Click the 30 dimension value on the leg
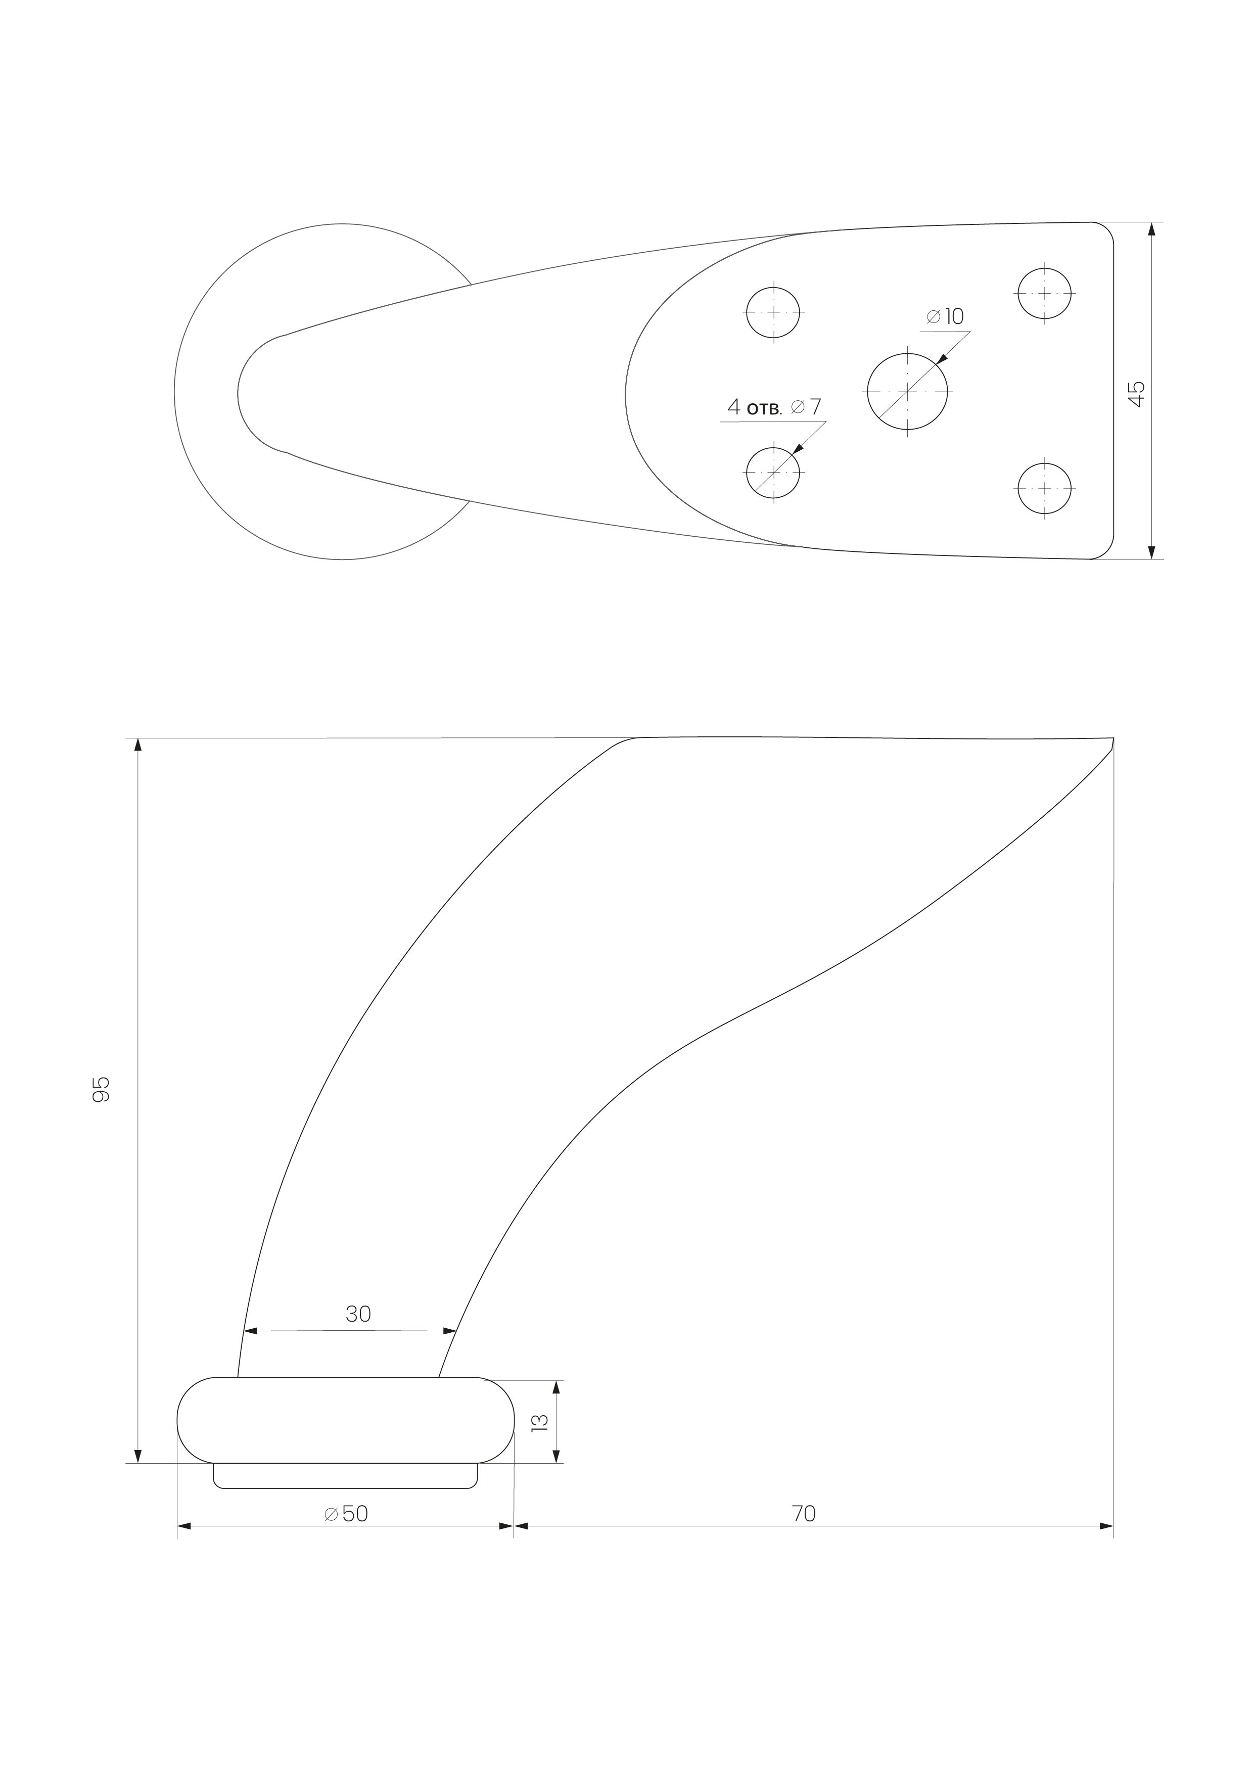[358, 1314]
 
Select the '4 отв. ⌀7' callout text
[774, 406]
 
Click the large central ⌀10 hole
[907, 392]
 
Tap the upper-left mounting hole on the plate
[773, 313]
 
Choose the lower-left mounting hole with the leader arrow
[773, 472]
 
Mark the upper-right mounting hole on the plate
[1045, 293]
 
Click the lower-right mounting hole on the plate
[1045, 488]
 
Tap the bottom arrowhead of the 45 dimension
[1151, 551]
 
